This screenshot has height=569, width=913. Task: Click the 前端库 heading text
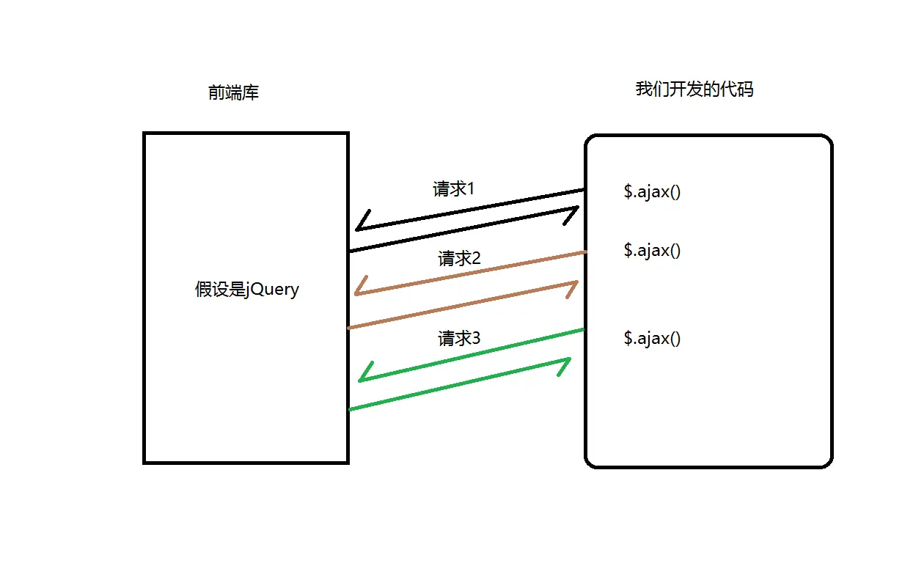tap(233, 93)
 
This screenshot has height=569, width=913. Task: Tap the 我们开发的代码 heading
tap(694, 89)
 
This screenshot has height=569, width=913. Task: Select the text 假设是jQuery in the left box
tap(247, 289)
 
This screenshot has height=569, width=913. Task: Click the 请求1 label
tap(454, 189)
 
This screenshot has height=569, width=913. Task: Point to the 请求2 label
tap(459, 258)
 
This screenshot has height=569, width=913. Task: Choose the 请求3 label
tap(459, 339)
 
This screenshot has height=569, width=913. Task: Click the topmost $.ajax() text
tap(652, 192)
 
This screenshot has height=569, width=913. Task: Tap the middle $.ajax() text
tap(652, 250)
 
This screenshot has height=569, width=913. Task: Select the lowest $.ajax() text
tap(652, 338)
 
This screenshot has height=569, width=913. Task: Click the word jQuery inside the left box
tap(273, 289)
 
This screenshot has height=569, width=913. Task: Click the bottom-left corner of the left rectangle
tap(144, 462)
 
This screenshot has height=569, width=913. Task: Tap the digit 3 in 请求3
tap(476, 339)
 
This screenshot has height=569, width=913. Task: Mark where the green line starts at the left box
tap(349, 409)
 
